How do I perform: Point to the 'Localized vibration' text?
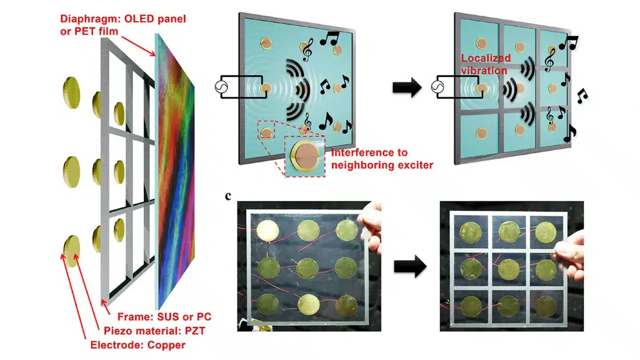(x=486, y=64)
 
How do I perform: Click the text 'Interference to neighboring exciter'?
(x=382, y=159)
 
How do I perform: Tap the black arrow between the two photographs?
(x=412, y=265)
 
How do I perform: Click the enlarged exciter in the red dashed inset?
(x=304, y=156)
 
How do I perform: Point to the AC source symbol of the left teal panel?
(x=222, y=87)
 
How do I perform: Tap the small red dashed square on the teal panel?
(x=266, y=130)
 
